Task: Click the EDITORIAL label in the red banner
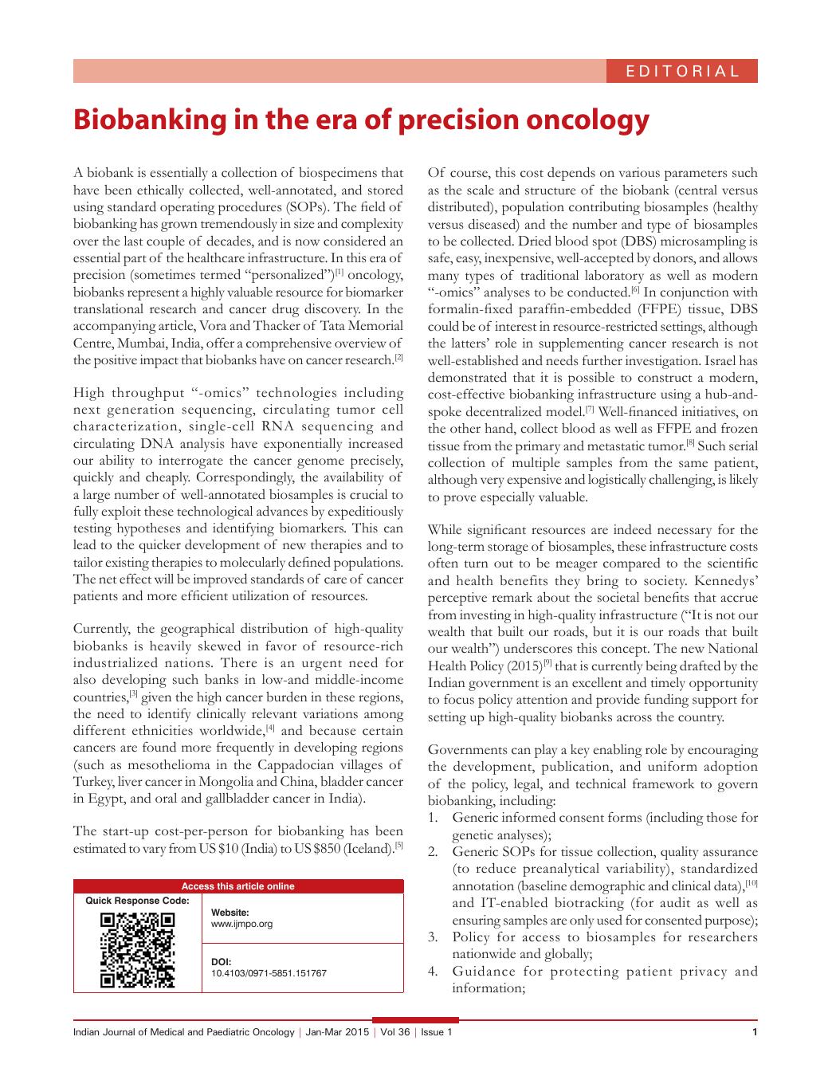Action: pyautogui.click(x=682, y=71)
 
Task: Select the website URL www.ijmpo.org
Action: pyautogui.click(x=241, y=924)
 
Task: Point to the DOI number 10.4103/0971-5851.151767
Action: pyautogui.click(x=269, y=973)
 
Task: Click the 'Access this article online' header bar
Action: pyautogui.click(x=237, y=886)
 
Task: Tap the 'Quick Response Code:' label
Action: pyautogui.click(x=137, y=901)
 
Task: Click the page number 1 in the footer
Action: pyautogui.click(x=754, y=1033)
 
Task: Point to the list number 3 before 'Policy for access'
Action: pyautogui.click(x=432, y=937)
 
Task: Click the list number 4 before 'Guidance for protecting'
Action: pyautogui.click(x=432, y=972)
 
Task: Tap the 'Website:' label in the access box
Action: pyautogui.click(x=230, y=913)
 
